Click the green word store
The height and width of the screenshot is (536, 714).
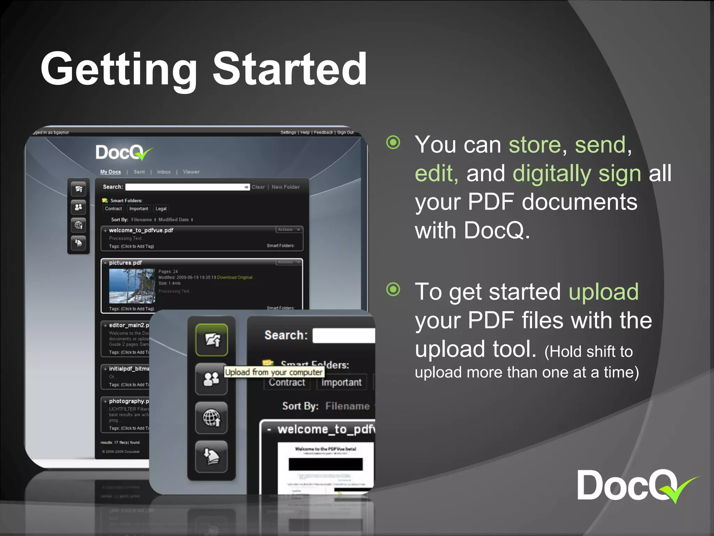535,145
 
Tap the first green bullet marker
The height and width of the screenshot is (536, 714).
394,142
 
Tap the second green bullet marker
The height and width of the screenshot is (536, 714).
394,289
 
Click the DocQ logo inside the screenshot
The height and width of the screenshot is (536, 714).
124,153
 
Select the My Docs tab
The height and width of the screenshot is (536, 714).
110,172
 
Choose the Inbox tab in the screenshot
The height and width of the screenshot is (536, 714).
164,172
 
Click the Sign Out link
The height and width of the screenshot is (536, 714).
345,132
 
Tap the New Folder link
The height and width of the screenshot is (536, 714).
286,187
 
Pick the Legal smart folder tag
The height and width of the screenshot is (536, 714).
161,209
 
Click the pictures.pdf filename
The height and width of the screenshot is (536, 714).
126,263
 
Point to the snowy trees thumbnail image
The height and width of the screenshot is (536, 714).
132,286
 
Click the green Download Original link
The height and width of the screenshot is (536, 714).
235,277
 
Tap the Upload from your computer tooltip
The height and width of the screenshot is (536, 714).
274,372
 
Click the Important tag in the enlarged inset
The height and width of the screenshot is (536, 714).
341,382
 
